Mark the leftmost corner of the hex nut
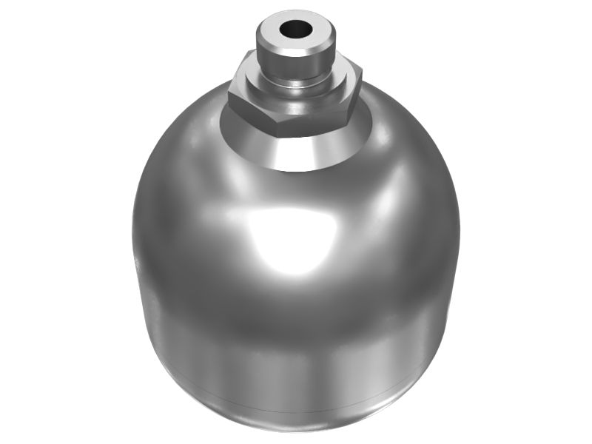click(x=229, y=95)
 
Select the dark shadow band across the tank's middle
click(x=296, y=318)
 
